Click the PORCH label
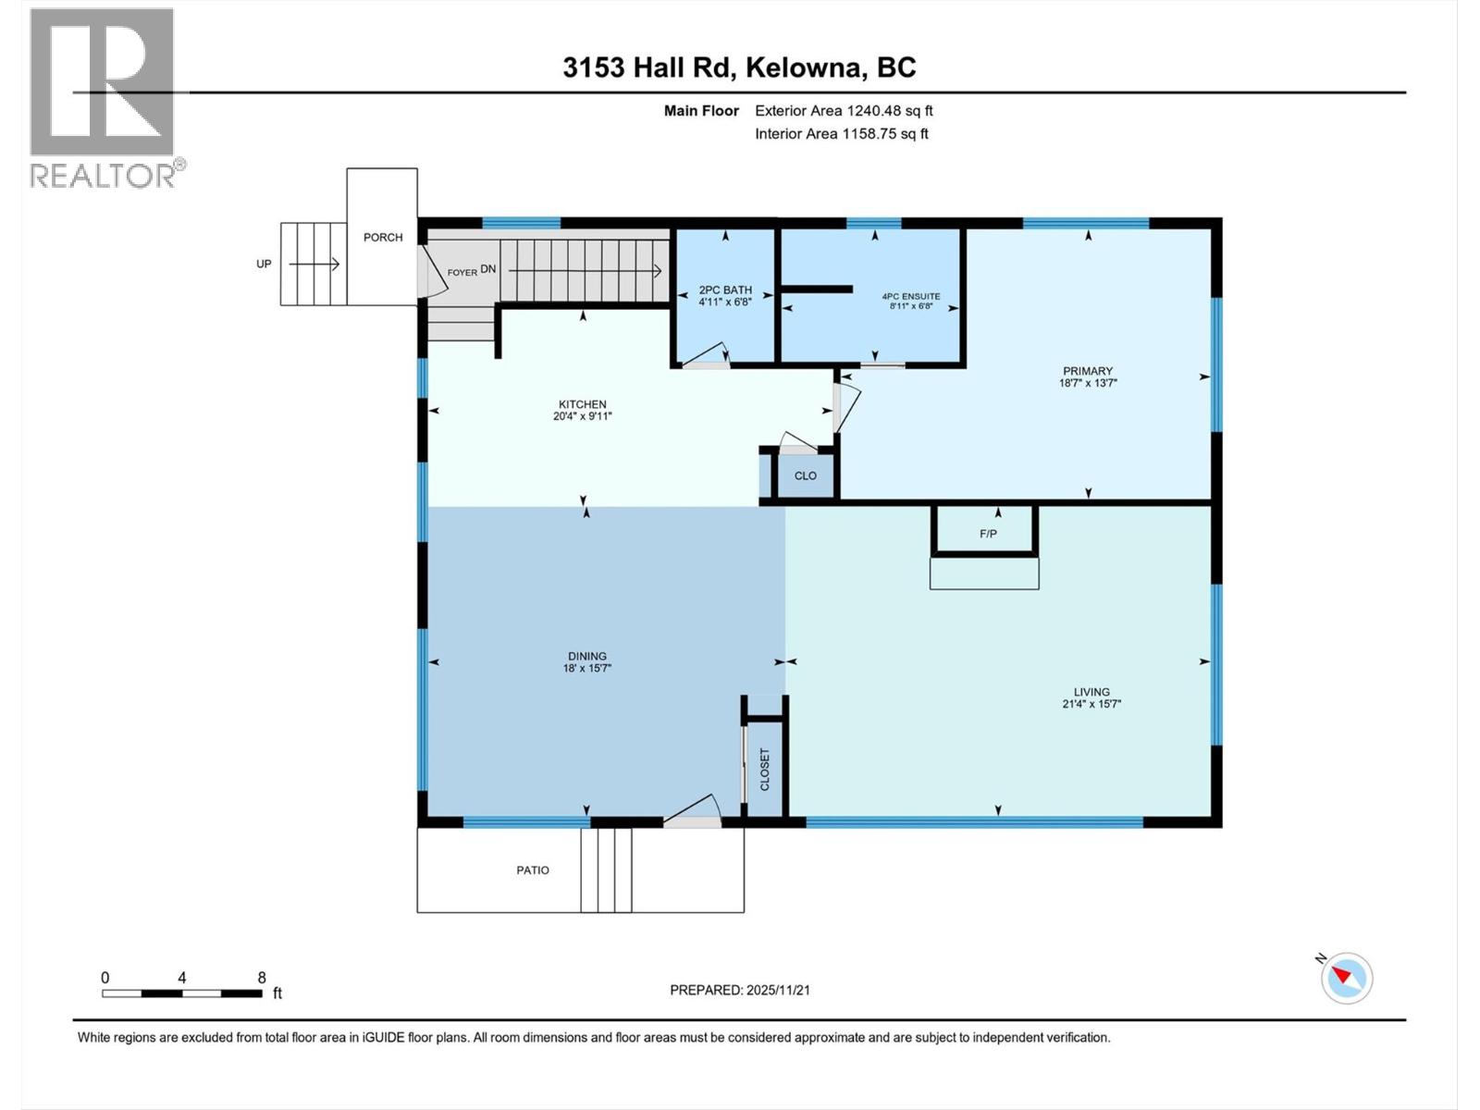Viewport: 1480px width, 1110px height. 383,238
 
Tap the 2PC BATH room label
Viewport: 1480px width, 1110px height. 725,290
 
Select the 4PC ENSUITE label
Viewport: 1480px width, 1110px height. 911,297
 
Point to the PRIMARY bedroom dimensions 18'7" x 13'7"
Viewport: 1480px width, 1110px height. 1088,383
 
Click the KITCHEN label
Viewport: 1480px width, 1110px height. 583,404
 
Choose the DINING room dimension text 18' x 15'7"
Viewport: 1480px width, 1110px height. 587,669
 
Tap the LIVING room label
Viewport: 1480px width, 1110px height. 1091,692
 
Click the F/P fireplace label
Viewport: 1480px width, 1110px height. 988,534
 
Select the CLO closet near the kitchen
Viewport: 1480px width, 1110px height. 806,475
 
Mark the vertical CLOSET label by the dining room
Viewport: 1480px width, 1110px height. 765,770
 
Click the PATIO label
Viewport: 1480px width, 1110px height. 533,870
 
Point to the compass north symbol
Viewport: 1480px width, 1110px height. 1346,978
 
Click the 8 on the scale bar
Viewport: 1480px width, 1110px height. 262,978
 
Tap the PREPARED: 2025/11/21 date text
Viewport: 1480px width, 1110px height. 740,990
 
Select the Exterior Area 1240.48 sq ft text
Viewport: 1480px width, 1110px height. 844,111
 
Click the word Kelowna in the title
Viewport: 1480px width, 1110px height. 805,68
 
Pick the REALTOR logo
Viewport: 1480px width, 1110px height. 104,97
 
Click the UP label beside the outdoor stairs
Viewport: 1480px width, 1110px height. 265,265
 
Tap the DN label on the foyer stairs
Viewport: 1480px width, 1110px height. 488,269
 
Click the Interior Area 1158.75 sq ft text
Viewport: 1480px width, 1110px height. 841,134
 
